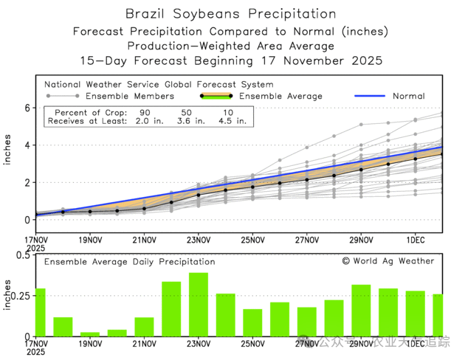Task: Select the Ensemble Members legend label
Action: click(x=130, y=97)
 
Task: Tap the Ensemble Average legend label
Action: click(x=280, y=97)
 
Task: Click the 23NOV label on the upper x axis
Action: click(x=199, y=240)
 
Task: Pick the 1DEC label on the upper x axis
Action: click(x=416, y=240)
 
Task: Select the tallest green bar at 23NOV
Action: click(x=199, y=305)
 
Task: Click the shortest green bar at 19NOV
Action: click(x=90, y=334)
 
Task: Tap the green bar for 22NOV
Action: click(x=171, y=309)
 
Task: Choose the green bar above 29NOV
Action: click(x=361, y=311)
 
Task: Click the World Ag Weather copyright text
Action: click(x=388, y=261)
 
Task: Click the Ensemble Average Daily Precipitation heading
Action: click(x=129, y=262)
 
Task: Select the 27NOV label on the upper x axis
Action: click(x=307, y=240)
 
